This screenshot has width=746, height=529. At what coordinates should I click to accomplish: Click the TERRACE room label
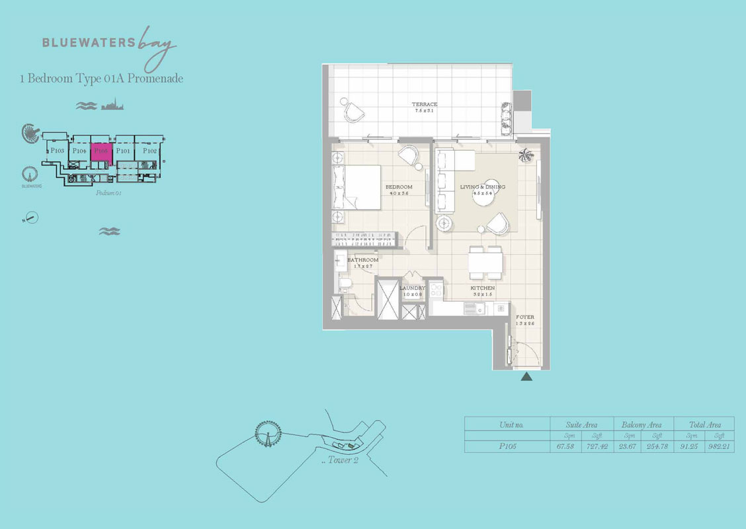pyautogui.click(x=425, y=104)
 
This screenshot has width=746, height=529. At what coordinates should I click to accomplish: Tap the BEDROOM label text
pyautogui.click(x=399, y=187)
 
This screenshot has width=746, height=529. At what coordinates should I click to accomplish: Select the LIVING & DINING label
pyautogui.click(x=482, y=187)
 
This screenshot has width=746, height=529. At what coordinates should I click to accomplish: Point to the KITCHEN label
pyautogui.click(x=483, y=288)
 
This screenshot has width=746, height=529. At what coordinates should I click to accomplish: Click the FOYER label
pyautogui.click(x=525, y=317)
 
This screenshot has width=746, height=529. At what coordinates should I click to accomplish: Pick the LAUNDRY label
pyautogui.click(x=411, y=288)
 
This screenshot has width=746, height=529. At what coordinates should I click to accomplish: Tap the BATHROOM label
pyautogui.click(x=363, y=260)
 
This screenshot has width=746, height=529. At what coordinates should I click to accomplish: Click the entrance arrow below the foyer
pyautogui.click(x=526, y=377)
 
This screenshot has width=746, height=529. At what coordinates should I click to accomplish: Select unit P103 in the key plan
pyautogui.click(x=57, y=151)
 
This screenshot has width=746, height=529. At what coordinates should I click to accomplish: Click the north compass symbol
pyautogui.click(x=30, y=218)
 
